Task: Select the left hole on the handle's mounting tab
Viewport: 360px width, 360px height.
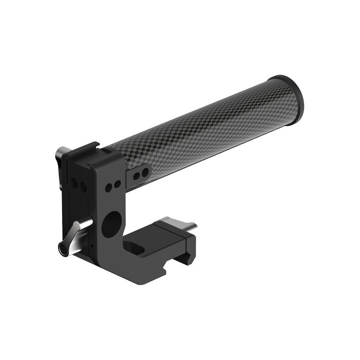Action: [136, 175]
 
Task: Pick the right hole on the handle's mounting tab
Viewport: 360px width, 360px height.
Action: [145, 172]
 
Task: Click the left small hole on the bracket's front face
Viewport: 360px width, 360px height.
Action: [108, 187]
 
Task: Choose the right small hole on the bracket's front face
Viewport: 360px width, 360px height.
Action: [117, 184]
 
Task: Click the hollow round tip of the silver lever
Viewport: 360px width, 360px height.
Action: [63, 247]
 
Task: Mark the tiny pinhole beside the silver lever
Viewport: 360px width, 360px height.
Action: [92, 246]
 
